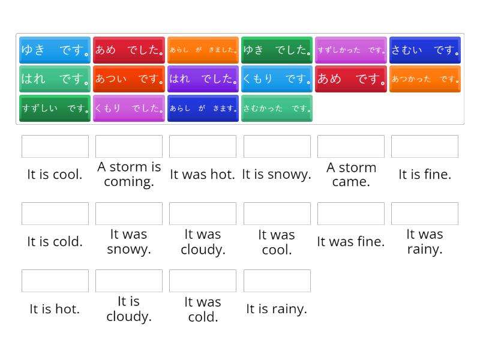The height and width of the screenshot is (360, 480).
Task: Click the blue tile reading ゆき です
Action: (x=55, y=50)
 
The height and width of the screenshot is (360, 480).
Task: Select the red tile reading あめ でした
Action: (x=129, y=50)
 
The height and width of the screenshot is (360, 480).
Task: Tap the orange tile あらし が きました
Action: (x=203, y=50)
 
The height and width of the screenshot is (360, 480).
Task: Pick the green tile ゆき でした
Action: (x=277, y=50)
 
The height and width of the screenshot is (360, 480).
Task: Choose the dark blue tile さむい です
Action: (x=425, y=50)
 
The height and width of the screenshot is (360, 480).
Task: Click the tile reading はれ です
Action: (x=55, y=79)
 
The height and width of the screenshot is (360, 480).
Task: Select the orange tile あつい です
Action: (x=129, y=79)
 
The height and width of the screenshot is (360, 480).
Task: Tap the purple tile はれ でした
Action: (x=203, y=79)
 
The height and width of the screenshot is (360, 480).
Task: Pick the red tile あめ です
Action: (x=351, y=79)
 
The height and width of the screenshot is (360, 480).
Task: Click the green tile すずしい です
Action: (x=55, y=109)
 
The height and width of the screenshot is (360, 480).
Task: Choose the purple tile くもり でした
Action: (x=129, y=109)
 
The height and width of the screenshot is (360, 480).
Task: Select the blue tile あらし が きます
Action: (x=203, y=109)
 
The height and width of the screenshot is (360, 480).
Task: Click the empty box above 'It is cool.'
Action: (x=55, y=146)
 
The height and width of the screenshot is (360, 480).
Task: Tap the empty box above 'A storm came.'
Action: (x=351, y=146)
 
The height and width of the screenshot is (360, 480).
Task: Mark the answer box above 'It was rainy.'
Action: (x=425, y=214)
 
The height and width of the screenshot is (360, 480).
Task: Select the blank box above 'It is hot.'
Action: (x=55, y=281)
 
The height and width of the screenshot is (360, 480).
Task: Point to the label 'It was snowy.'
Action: (x=129, y=242)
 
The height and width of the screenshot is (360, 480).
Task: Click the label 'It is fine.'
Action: (x=425, y=175)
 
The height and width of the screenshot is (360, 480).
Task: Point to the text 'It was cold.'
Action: (x=203, y=309)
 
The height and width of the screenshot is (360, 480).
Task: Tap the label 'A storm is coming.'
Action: (x=129, y=175)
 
